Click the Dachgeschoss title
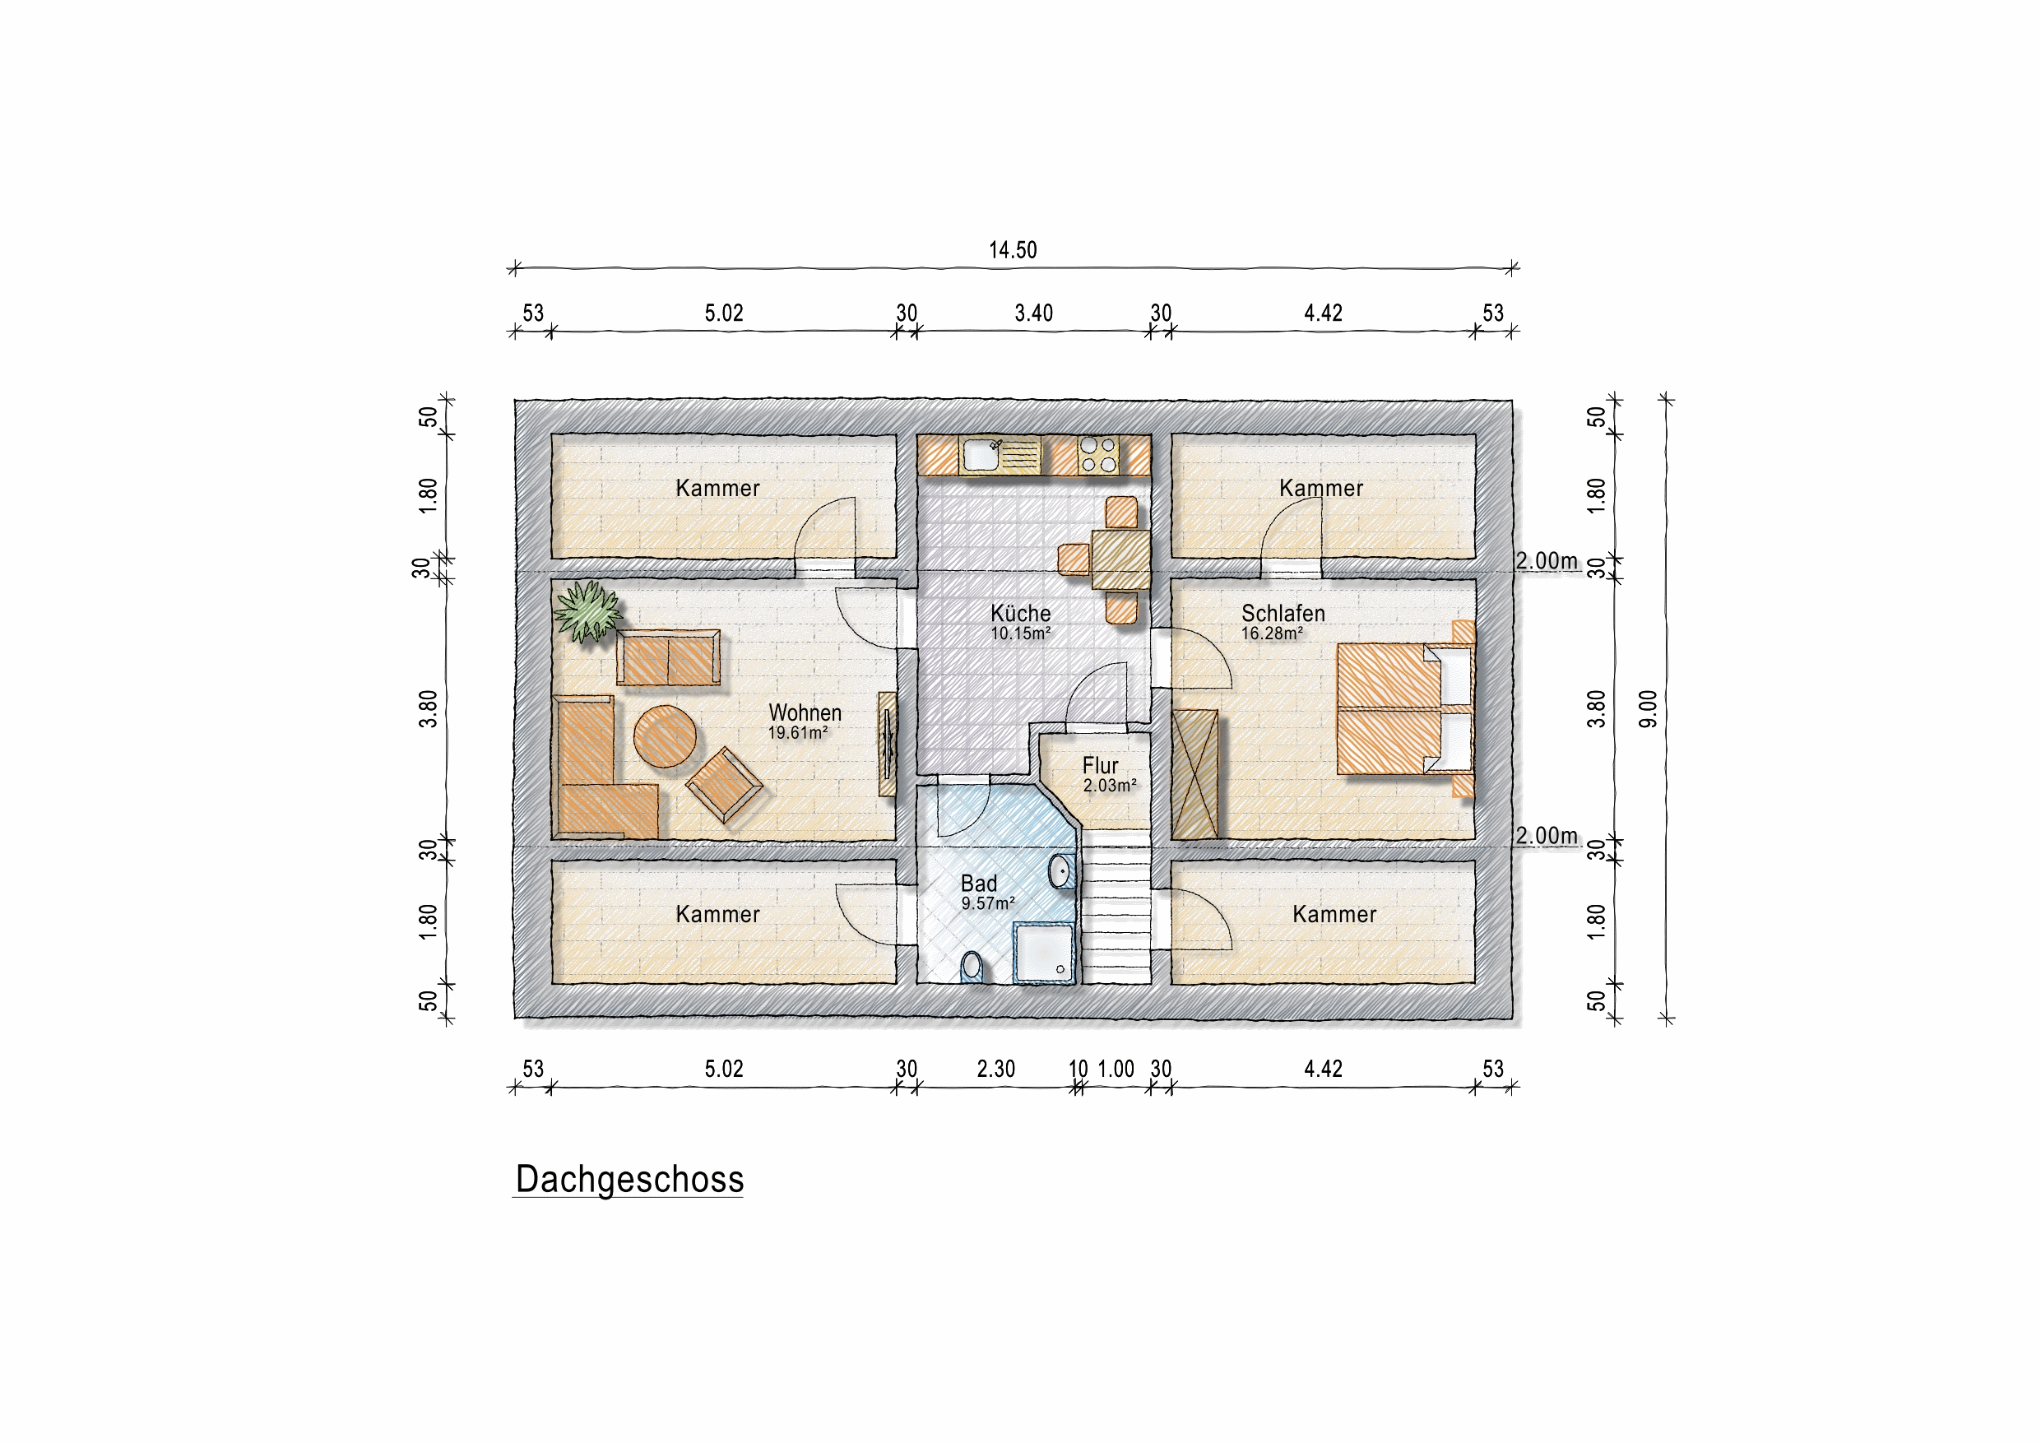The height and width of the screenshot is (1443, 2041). tap(629, 1180)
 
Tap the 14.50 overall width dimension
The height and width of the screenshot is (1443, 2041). tap(1013, 250)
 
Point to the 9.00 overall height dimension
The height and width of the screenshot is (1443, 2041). tap(1648, 708)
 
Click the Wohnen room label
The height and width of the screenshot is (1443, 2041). tap(805, 712)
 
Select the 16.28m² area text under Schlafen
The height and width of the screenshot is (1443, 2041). tap(1272, 633)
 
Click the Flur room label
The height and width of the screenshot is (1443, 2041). tap(1100, 765)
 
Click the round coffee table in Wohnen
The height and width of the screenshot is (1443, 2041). tap(665, 736)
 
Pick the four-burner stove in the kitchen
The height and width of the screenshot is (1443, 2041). tap(1098, 455)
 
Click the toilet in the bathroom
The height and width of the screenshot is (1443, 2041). tap(972, 967)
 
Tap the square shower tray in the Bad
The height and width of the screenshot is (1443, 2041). tap(1045, 952)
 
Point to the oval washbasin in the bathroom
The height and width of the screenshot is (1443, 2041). tap(1061, 871)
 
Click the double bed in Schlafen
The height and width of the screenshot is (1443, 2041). tap(1405, 709)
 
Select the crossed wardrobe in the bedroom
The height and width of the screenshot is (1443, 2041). tap(1194, 774)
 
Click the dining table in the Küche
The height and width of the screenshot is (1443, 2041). tap(1121, 559)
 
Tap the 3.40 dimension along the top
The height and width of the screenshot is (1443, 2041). tap(1034, 313)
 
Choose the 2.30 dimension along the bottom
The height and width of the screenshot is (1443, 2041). tap(995, 1069)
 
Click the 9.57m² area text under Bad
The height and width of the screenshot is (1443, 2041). tap(988, 903)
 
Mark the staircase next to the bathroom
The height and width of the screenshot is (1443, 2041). tap(1116, 907)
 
